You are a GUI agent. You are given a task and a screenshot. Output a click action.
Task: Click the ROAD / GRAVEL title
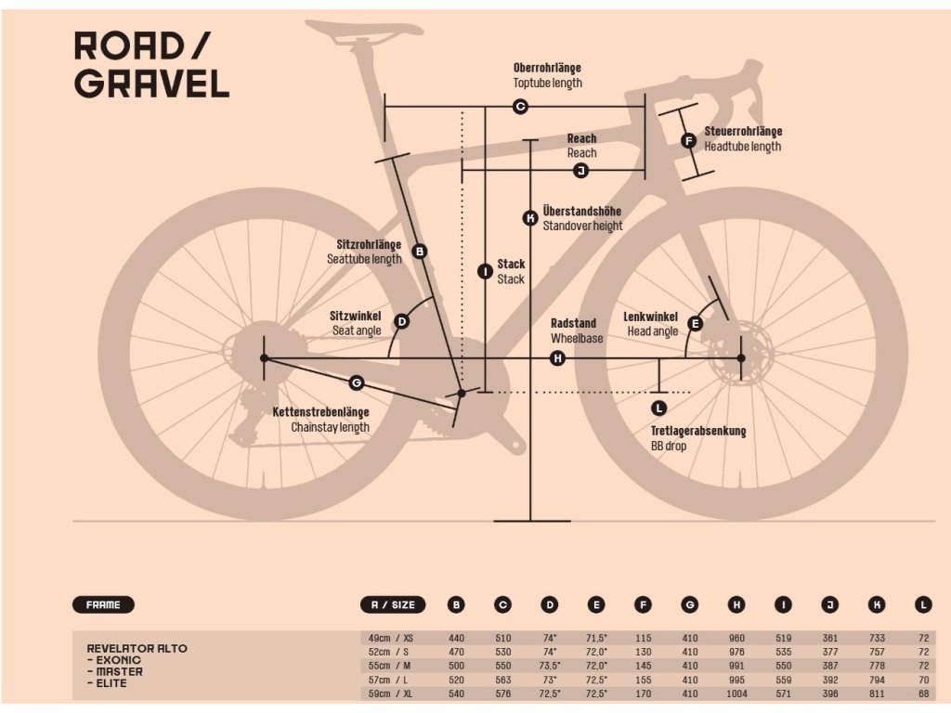click(151, 65)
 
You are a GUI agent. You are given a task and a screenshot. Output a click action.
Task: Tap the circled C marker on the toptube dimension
click(520, 107)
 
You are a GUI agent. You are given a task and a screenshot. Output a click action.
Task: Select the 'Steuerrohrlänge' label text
click(743, 132)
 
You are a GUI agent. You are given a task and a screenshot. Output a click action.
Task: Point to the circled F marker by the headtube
click(688, 141)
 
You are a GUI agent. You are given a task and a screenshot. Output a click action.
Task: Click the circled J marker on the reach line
click(580, 171)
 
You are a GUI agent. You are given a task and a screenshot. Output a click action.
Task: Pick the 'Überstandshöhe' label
click(582, 212)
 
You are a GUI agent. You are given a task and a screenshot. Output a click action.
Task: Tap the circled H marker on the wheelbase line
click(557, 357)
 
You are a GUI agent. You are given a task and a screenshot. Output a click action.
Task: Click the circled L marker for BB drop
click(659, 408)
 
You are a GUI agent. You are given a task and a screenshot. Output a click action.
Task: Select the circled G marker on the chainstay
click(357, 382)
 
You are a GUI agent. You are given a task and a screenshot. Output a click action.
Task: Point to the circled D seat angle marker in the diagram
click(402, 322)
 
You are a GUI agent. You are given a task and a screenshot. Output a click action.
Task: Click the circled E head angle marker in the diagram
click(695, 324)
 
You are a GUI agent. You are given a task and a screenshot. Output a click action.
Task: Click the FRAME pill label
click(103, 605)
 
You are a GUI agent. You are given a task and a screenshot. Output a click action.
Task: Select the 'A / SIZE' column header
click(393, 605)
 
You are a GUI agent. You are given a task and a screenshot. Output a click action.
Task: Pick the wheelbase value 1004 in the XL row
click(736, 694)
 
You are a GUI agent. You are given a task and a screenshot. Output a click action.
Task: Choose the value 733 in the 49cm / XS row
click(877, 639)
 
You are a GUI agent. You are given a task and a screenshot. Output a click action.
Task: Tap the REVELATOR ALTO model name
click(137, 648)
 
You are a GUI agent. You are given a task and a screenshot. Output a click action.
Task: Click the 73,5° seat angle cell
click(550, 667)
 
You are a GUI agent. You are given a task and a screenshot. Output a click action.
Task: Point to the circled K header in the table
click(877, 605)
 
